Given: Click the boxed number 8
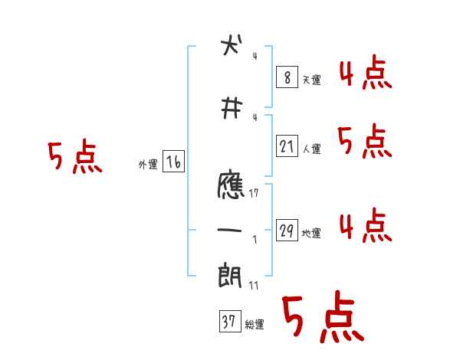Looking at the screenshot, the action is pos(287,77).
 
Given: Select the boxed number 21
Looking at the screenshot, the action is pos(287,146).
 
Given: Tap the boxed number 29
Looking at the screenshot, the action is pos(287,231).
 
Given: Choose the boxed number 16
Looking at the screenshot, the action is pos(173,162).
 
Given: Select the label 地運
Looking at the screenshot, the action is pos(311,234).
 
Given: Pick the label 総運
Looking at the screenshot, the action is pos(254,326).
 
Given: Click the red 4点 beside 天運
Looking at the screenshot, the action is pos(365,74).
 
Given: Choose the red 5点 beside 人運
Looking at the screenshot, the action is pos(365,142).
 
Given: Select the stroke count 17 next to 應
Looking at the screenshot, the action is pos(254,194).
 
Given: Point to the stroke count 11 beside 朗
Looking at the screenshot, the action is pos(254,286).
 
